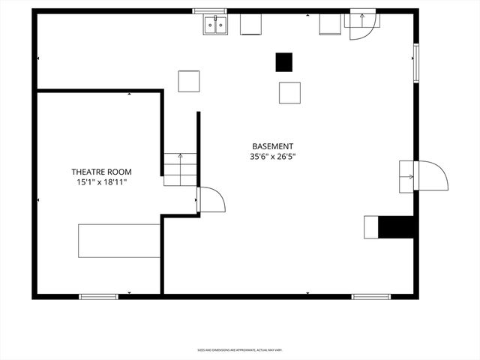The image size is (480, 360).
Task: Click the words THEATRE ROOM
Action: [x=100, y=172]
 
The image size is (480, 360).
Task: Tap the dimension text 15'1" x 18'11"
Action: [x=100, y=182]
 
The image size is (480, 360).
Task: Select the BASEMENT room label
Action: [x=272, y=147]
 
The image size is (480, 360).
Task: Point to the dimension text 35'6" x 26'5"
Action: [x=272, y=157]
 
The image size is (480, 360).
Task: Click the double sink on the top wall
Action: [x=215, y=25]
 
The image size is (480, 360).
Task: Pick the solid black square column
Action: [x=284, y=62]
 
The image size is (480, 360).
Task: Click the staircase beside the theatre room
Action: [x=181, y=169]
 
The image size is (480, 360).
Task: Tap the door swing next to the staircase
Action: [x=211, y=199]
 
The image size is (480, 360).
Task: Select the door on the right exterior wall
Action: [x=424, y=175]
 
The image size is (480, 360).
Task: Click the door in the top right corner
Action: [x=363, y=20]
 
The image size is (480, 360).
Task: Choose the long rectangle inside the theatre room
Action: [x=119, y=241]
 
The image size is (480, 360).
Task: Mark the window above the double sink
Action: [x=210, y=11]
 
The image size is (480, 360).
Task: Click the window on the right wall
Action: [x=415, y=61]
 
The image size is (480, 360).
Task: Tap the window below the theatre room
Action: [x=99, y=296]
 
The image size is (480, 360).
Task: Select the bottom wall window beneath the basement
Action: [x=371, y=296]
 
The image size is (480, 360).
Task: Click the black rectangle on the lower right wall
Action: [x=396, y=227]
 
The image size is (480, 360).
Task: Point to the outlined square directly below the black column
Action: [x=289, y=92]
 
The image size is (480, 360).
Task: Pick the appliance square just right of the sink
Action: [x=250, y=25]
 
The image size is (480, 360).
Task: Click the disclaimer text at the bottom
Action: [x=240, y=349]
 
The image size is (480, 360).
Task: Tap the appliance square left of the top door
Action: [x=330, y=25]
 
